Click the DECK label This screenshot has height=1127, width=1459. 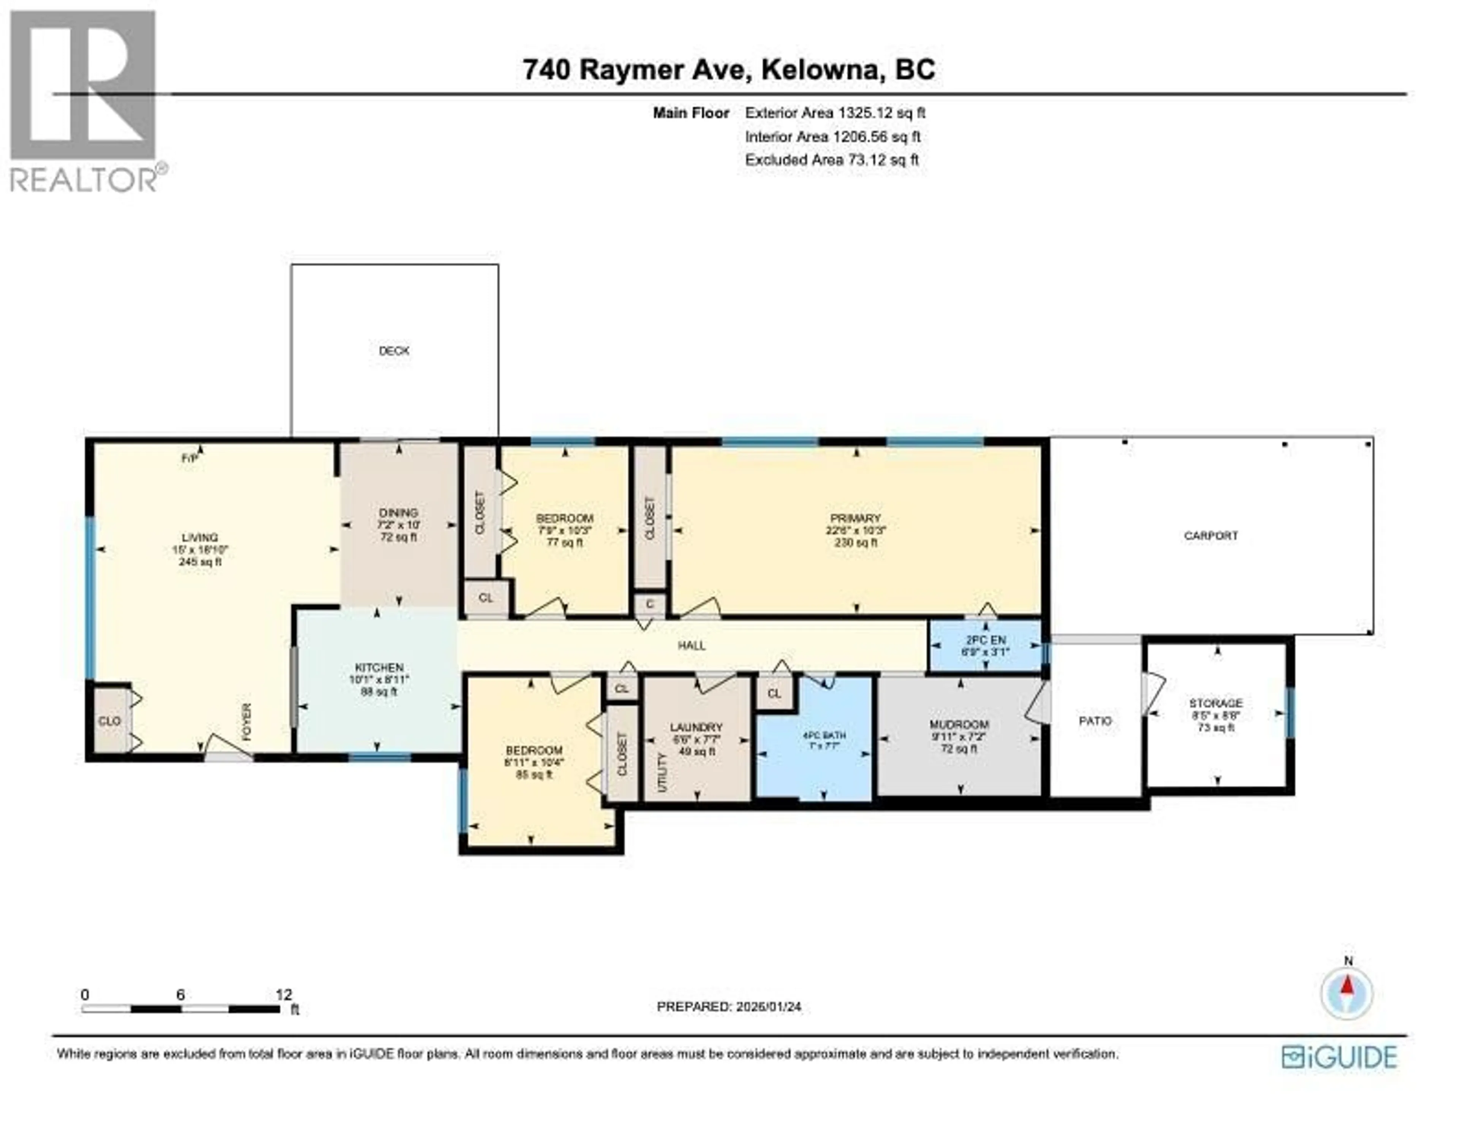click(x=394, y=351)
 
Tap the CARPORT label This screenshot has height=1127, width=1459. click(x=1211, y=536)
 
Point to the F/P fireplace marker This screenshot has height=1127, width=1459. click(x=190, y=458)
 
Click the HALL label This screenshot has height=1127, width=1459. click(x=692, y=645)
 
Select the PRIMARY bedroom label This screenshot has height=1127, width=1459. click(x=855, y=518)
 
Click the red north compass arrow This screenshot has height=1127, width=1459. click(x=1347, y=986)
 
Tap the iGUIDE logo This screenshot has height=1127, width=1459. click(x=1339, y=1057)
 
